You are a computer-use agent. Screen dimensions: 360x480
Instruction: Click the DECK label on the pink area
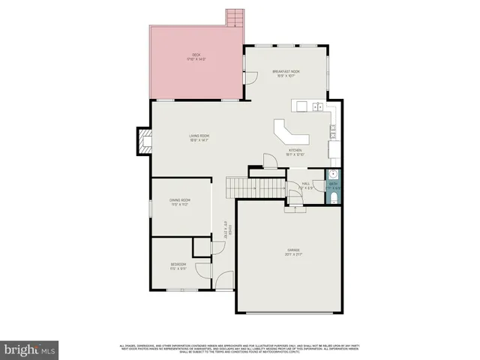(x=196, y=55)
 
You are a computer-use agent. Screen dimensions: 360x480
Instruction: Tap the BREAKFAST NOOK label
(x=285, y=73)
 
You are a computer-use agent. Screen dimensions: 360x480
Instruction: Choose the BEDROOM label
(x=177, y=265)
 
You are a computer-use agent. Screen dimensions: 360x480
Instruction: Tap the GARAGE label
(x=292, y=251)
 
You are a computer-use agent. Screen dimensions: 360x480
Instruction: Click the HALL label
(x=306, y=184)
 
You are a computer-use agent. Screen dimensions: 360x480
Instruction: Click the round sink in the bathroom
(x=334, y=184)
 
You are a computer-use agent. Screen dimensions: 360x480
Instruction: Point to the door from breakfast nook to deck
(x=248, y=77)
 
